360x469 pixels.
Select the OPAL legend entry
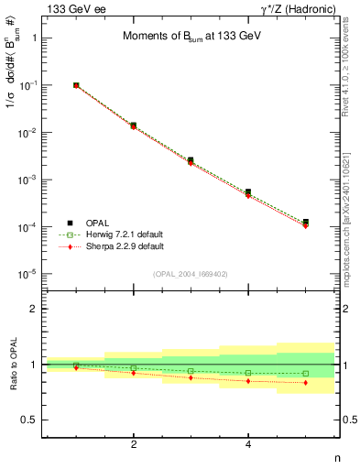(x=97, y=223)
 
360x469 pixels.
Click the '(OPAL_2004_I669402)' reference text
(x=191, y=272)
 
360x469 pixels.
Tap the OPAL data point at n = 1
(x=76, y=85)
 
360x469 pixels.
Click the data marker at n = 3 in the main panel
(x=191, y=160)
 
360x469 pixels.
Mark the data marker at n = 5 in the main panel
(x=305, y=223)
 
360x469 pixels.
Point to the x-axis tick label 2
(x=134, y=444)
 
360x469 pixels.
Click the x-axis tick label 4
(x=248, y=444)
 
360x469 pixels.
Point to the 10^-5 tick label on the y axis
(x=27, y=274)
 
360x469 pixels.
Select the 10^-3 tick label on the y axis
(x=27, y=180)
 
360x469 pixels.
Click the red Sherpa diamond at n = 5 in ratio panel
(x=305, y=383)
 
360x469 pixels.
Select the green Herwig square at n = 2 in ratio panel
(x=134, y=368)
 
